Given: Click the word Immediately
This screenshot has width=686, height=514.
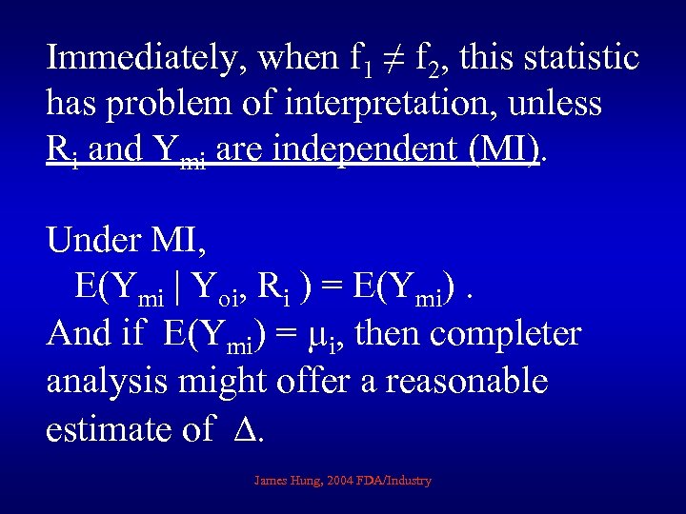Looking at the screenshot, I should (x=142, y=59).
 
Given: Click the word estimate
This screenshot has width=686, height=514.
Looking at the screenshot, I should (x=105, y=429).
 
